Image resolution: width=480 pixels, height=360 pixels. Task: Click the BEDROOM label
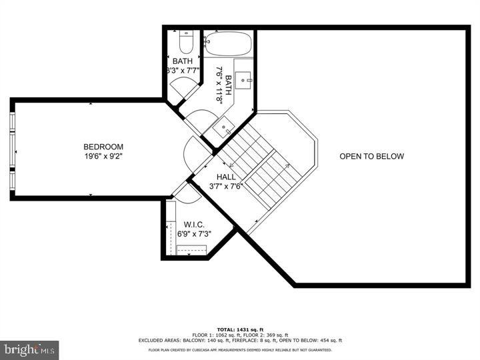coord(103,147)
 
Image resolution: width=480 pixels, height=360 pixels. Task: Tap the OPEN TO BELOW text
coord(371,157)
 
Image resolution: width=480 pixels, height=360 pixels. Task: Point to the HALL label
coord(226,177)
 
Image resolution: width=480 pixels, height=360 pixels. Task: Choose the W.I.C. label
coord(194,224)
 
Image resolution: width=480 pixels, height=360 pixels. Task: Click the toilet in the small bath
coord(186,43)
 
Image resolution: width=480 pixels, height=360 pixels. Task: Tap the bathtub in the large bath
coord(227,45)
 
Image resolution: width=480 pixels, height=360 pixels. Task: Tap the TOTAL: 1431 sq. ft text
coord(240,329)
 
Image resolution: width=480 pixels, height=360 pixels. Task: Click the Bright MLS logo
coord(30,349)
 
